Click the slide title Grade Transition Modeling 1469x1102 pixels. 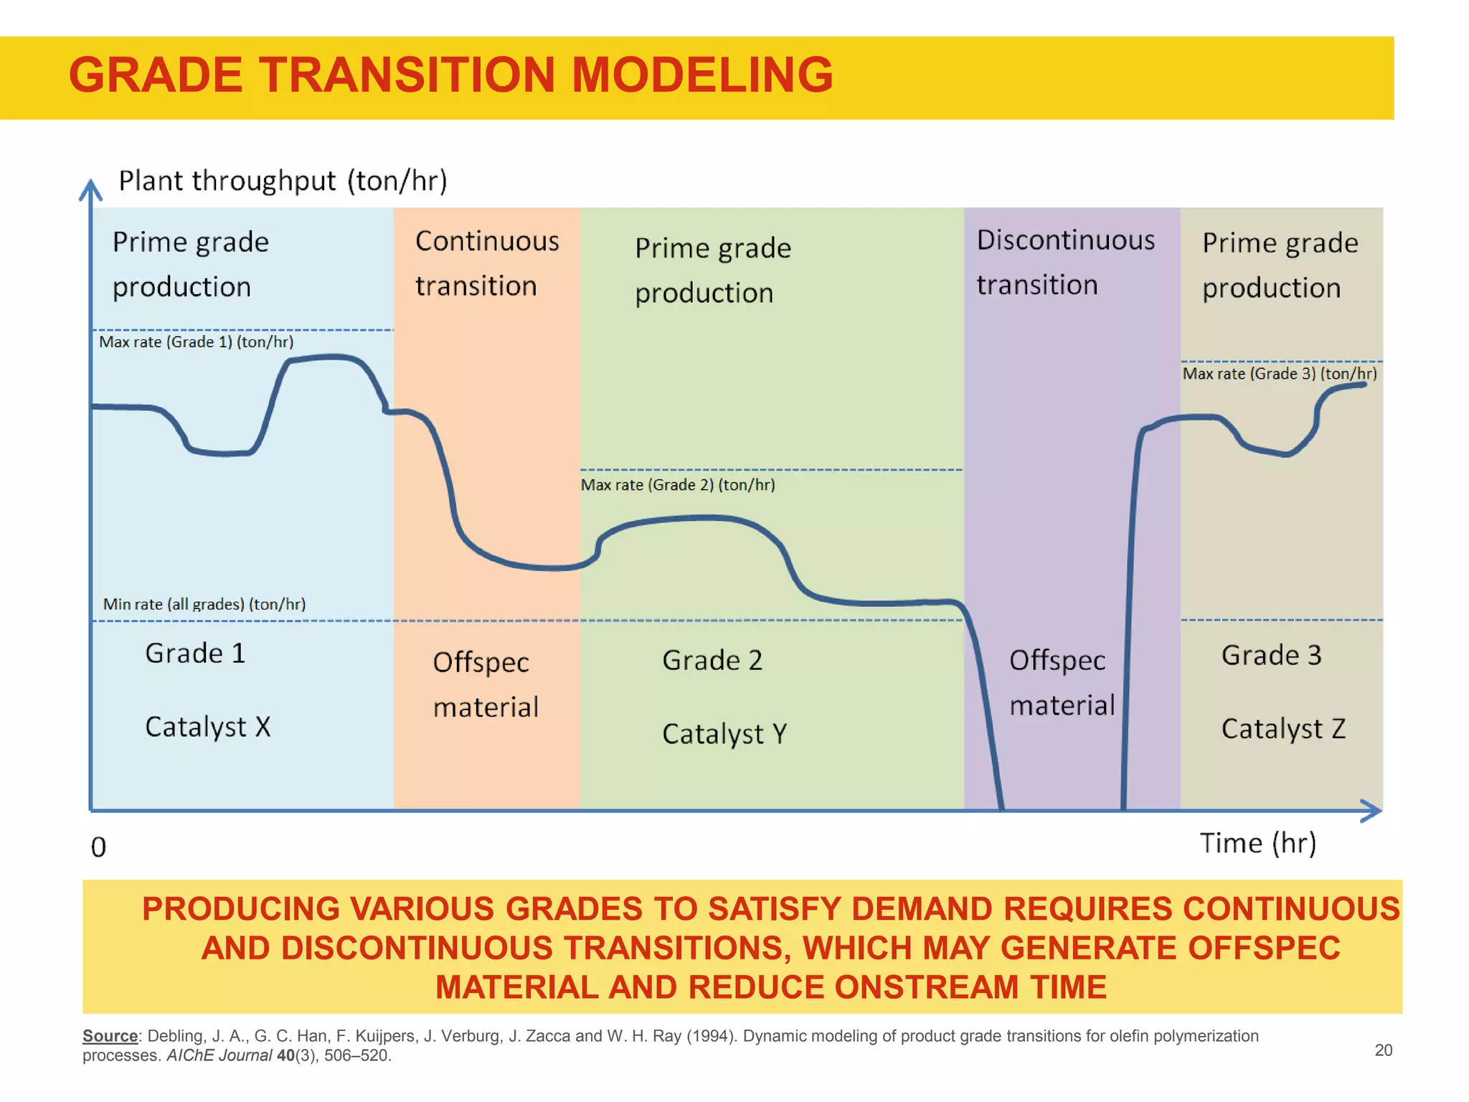(450, 75)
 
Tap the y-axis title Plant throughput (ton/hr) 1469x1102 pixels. (283, 181)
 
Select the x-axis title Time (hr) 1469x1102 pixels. (1258, 843)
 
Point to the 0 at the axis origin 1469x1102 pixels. (98, 847)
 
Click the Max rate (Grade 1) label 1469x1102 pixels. (196, 342)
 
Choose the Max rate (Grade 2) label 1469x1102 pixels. (677, 485)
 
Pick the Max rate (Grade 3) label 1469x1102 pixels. (1279, 374)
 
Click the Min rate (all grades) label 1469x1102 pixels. (204, 604)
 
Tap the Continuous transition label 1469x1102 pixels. (486, 263)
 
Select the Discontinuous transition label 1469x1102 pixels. (1065, 262)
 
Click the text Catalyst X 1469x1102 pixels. (207, 727)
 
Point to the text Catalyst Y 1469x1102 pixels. (724, 734)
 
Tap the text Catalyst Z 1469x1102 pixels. (1283, 729)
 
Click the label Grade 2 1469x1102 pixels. (712, 660)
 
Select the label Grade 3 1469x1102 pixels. (1271, 655)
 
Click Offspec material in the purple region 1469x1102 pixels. (1061, 682)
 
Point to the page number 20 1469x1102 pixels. (1383, 1050)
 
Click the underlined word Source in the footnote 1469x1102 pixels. (110, 1036)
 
